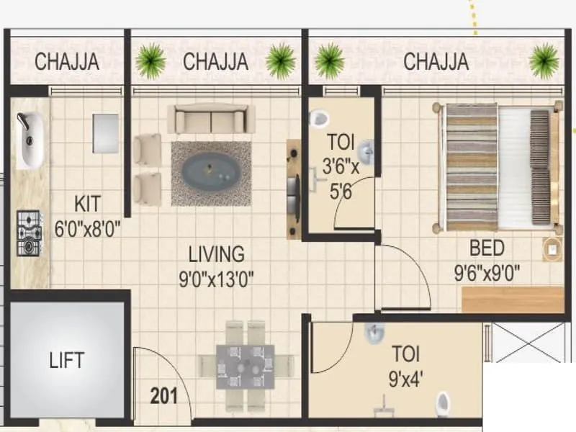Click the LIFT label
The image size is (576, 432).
(x=67, y=359)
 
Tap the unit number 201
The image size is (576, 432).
(x=164, y=395)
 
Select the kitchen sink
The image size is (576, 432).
(x=30, y=140)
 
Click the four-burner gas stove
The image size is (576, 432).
(x=30, y=233)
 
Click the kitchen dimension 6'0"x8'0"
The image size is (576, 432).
(x=86, y=229)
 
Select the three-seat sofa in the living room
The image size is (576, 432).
(x=211, y=118)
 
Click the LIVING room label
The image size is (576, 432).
(x=216, y=254)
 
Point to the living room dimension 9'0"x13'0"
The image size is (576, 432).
(x=216, y=277)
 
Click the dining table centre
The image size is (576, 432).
(x=245, y=364)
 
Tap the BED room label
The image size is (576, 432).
(x=487, y=249)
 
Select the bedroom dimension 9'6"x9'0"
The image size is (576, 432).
(x=487, y=273)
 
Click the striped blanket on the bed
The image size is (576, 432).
(x=472, y=166)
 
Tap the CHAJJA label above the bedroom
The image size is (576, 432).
(x=436, y=62)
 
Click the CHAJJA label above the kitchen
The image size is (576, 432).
(x=67, y=62)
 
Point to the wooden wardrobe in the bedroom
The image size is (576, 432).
(x=512, y=300)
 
